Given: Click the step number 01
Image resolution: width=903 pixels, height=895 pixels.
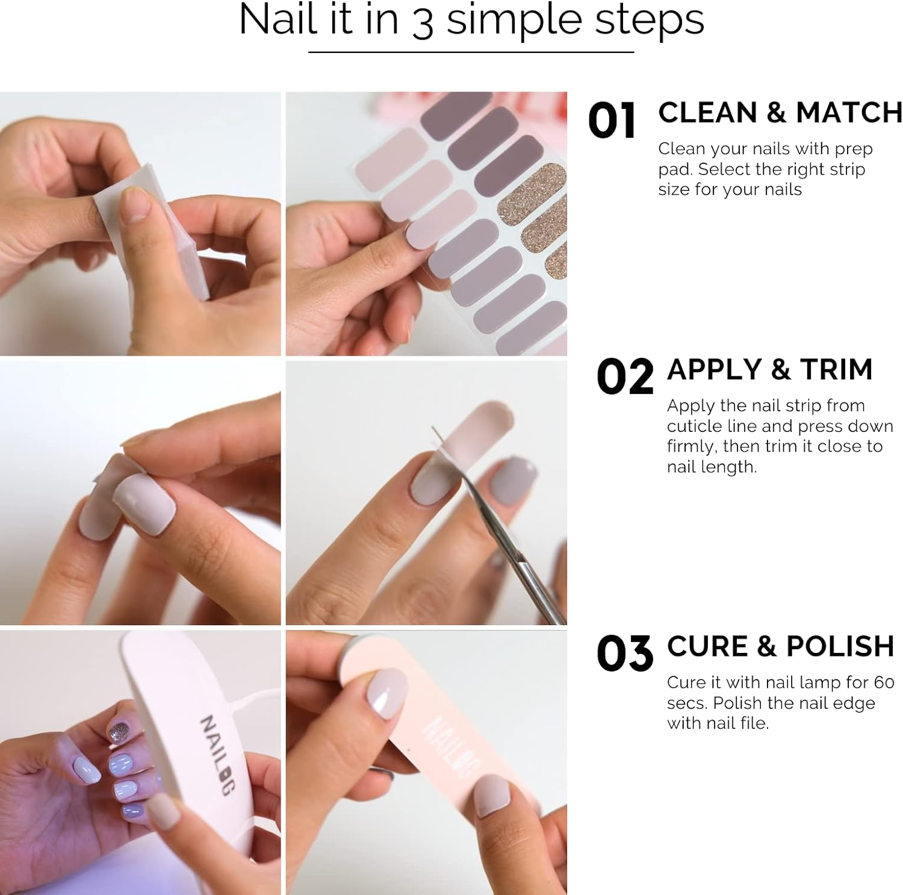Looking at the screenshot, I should [611, 120].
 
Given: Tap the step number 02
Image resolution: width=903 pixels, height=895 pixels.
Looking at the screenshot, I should [624, 376].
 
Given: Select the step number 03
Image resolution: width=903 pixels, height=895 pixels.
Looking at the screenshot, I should [624, 653].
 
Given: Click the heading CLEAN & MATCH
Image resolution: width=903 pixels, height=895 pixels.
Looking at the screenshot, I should [780, 113].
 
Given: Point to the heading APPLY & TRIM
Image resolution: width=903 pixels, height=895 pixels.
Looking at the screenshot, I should [769, 369].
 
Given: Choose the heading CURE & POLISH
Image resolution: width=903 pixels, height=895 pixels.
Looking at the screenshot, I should [780, 646].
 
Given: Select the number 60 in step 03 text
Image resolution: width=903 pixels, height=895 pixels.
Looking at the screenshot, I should [884, 682].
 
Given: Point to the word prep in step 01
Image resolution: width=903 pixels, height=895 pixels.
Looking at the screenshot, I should [853, 149].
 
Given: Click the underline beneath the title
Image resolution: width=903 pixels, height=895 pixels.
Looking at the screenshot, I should [471, 52].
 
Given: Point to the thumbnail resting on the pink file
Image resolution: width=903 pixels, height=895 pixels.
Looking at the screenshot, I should [388, 696].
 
